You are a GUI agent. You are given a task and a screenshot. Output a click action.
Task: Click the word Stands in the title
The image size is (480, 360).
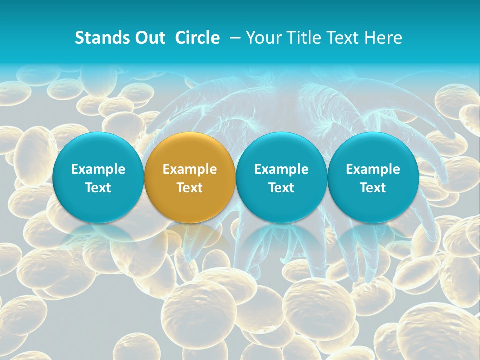coord(99,38)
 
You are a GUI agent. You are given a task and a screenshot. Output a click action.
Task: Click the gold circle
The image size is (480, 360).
coord(190,178)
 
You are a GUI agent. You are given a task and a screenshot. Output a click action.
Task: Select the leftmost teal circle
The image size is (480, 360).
coord(98,178)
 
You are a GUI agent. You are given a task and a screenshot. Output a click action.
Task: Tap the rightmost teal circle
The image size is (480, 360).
coord(373,178)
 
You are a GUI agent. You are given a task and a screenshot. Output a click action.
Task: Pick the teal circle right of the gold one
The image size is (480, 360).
coord(281,178)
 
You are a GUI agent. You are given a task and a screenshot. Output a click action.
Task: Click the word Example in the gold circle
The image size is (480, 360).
coord(190,169)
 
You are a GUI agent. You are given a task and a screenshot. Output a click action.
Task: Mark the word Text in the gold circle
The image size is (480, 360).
coord(190,188)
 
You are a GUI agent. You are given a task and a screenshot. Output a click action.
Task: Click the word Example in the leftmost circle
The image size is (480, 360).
coord(98,169)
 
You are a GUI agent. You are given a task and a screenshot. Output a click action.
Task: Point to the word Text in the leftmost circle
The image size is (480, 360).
coord(98,188)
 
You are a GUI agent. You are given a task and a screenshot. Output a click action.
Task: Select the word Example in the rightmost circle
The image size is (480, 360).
coord(373,169)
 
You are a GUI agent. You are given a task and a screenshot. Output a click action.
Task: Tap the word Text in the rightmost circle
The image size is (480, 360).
coord(373,188)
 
